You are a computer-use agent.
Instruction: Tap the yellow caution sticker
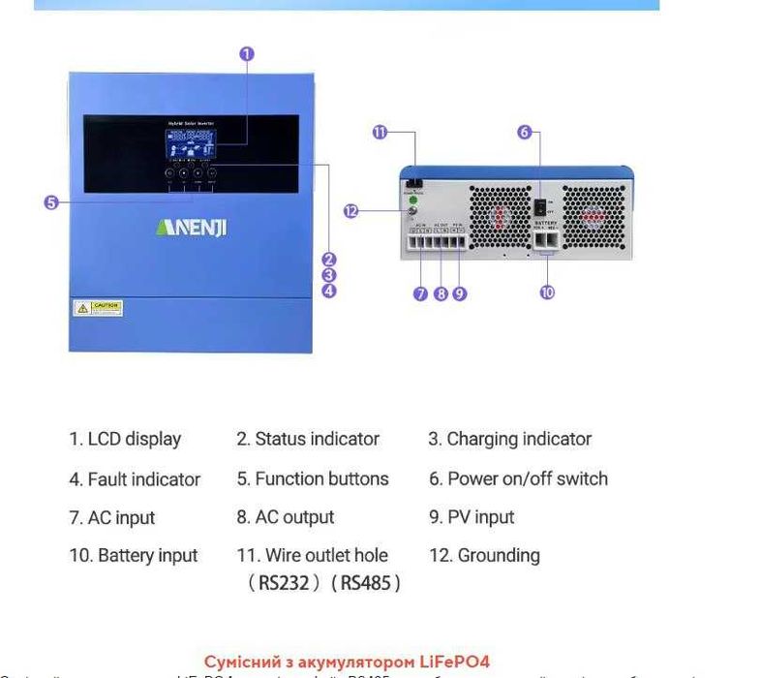[99, 308]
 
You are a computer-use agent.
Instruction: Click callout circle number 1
[247, 54]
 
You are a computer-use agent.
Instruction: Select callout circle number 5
[51, 202]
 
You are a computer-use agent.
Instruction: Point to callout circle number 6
[525, 133]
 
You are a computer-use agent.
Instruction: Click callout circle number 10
[547, 292]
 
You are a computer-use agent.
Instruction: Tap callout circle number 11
[380, 133]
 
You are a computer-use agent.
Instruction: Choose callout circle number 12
[350, 210]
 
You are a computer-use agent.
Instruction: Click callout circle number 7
[421, 293]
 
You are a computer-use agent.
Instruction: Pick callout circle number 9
[459, 293]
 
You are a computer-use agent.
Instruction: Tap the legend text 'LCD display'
[135, 439]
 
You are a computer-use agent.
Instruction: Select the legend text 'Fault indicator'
[144, 479]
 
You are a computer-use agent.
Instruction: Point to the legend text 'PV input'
[481, 517]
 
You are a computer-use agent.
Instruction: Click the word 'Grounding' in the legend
[499, 556]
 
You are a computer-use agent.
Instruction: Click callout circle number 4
[329, 290]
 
